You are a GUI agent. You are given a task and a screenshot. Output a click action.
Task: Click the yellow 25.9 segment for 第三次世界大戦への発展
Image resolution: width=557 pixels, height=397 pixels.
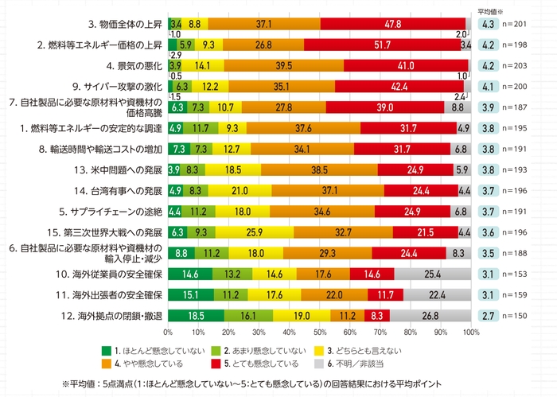[x=255, y=232]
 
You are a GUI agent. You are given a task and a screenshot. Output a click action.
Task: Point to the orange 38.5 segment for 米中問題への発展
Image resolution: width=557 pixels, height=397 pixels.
[x=319, y=169]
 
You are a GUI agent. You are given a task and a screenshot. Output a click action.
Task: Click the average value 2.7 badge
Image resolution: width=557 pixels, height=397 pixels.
[x=489, y=314]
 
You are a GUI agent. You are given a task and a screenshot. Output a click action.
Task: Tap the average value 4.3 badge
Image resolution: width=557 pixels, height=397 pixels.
[x=489, y=24]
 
